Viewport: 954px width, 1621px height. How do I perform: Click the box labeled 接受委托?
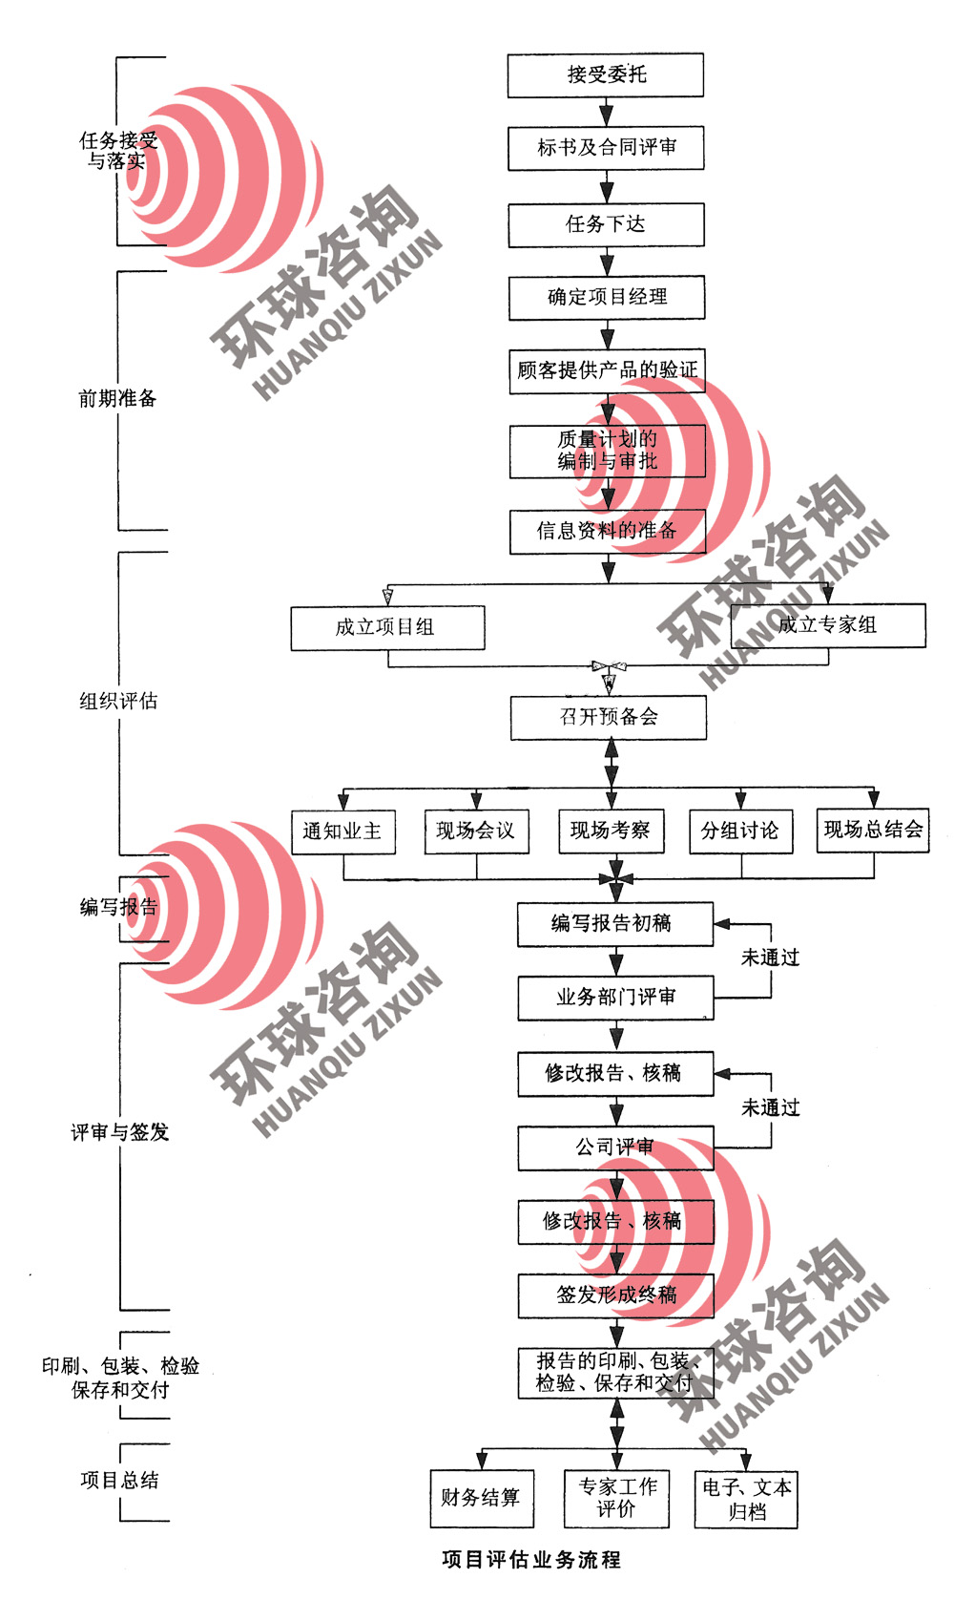coord(606,75)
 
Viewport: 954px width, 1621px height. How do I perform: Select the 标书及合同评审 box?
coord(606,148)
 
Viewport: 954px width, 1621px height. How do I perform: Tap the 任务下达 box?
coord(606,224)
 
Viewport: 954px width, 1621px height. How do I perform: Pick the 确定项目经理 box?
coord(607,298)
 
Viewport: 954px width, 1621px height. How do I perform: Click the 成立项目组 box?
coord(387,628)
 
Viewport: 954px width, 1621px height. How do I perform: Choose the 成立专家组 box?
coord(827,625)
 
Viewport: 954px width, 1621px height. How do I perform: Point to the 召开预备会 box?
coord(609,718)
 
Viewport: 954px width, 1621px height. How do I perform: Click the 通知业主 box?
coord(342,832)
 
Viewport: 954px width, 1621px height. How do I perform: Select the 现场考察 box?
coord(611,831)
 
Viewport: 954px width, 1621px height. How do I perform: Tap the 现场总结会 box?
coord(873,830)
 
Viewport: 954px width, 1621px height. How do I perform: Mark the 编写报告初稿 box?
coord(614,924)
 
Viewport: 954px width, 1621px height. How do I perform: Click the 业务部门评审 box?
coord(615,998)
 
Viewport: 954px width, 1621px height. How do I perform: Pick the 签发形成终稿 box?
coord(616,1295)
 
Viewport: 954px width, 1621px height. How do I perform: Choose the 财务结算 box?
coord(481,1498)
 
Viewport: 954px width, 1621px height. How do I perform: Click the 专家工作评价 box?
coord(616,1498)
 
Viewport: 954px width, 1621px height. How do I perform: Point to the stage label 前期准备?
coord(117,399)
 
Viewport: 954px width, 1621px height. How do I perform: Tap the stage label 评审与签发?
coord(120,1133)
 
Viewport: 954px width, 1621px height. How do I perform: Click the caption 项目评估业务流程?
coord(531,1560)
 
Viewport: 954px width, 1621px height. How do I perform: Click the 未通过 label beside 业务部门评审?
coord(771,958)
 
